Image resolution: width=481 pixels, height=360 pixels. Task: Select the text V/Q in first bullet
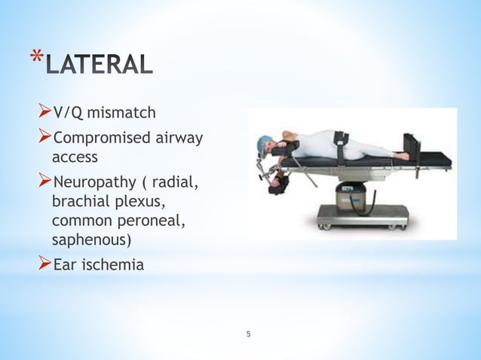pyautogui.click(x=68, y=113)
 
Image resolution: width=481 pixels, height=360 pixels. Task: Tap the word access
pyautogui.click(x=75, y=157)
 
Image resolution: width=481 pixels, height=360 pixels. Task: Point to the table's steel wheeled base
pyautogui.click(x=362, y=221)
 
